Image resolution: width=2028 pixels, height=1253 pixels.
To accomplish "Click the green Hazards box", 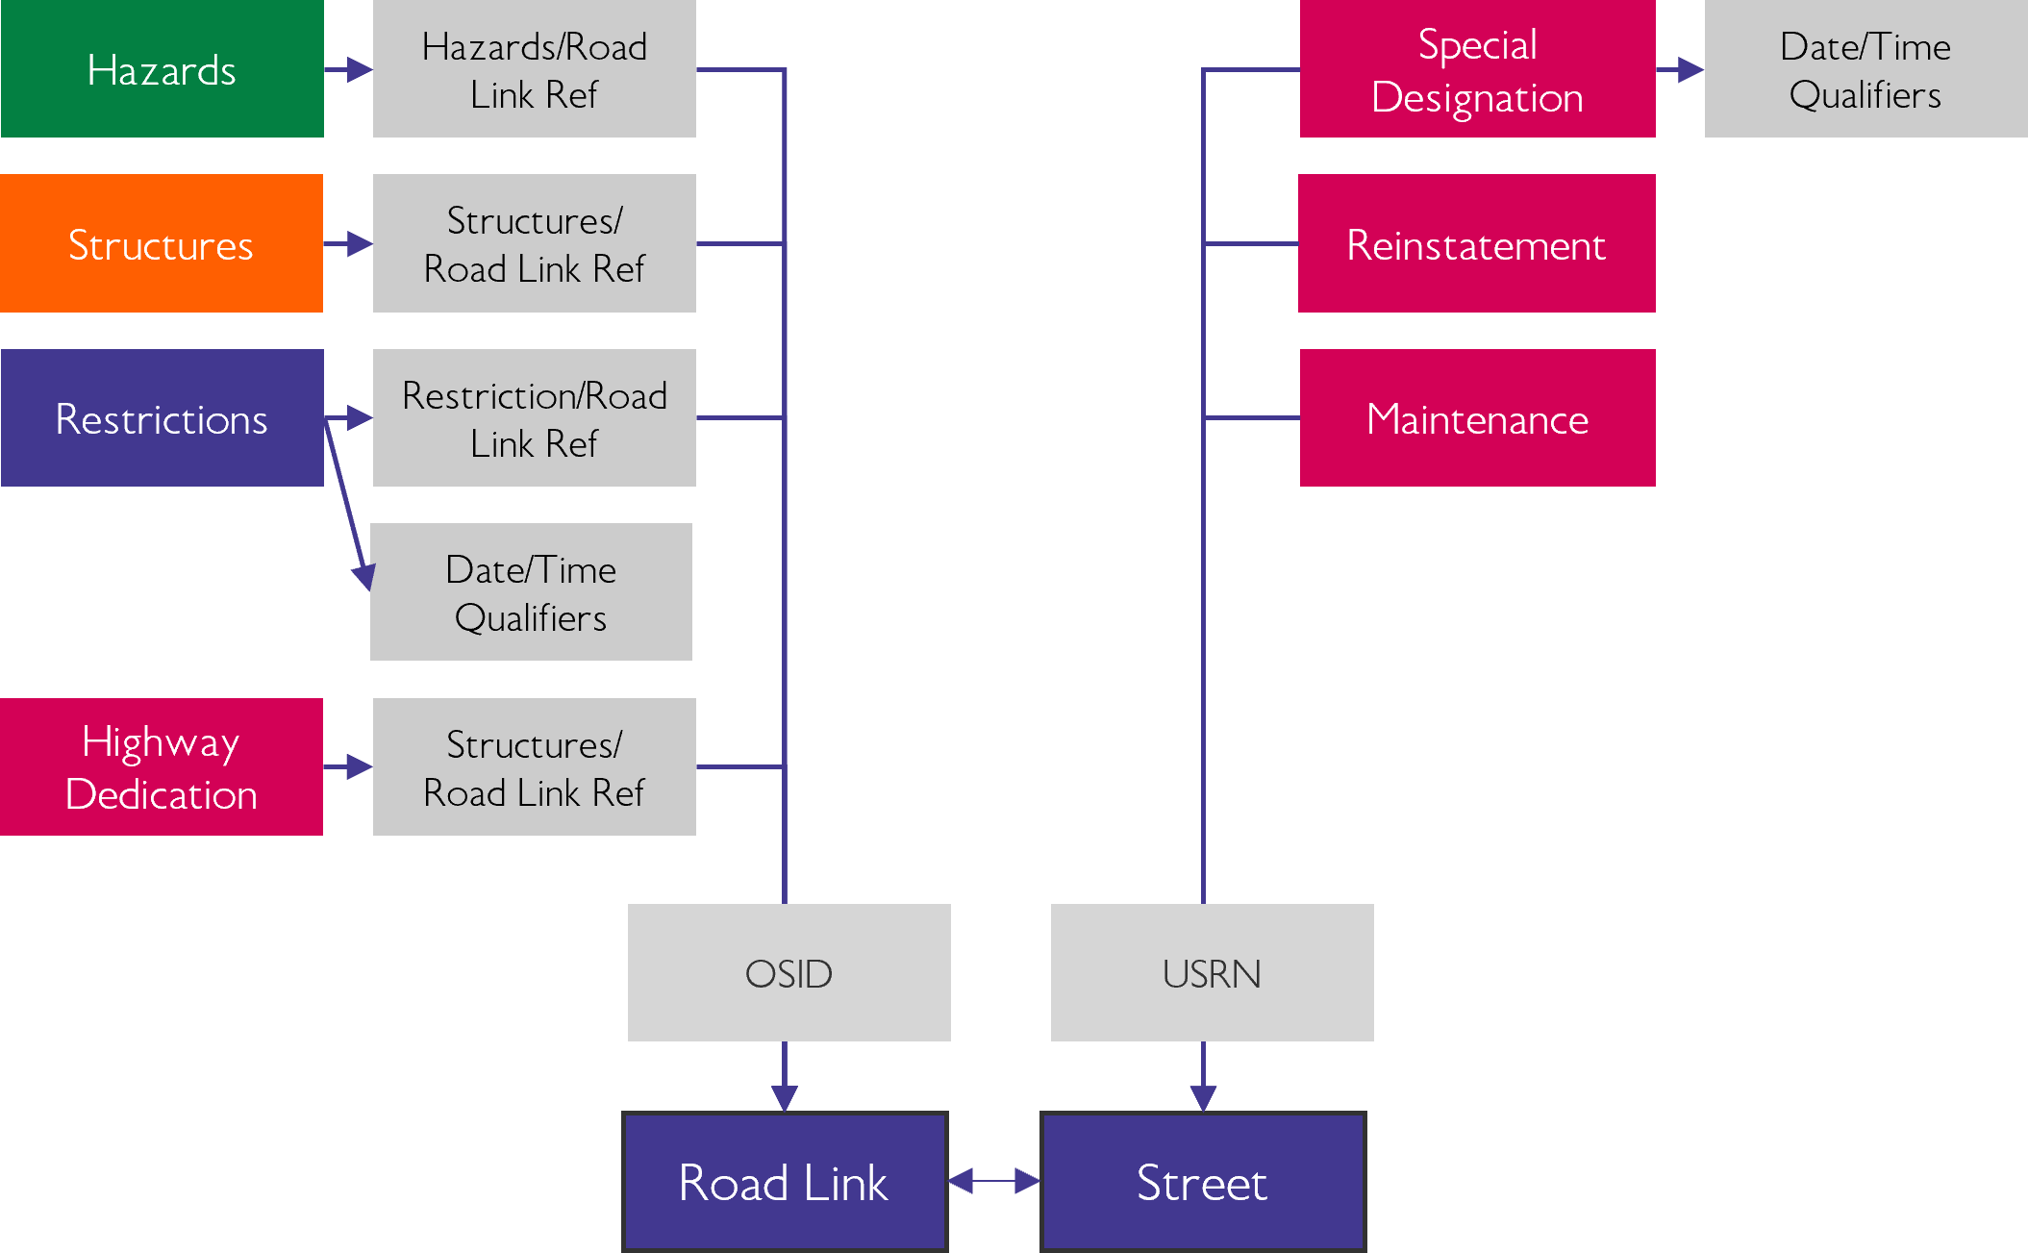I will (x=162, y=69).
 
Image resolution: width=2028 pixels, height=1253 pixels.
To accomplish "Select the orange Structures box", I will (x=162, y=243).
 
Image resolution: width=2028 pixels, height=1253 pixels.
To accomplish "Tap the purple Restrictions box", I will (x=162, y=417).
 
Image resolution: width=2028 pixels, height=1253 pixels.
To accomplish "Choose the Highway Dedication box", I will (x=162, y=766).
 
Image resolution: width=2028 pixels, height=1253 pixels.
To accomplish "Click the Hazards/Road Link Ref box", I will (x=534, y=69).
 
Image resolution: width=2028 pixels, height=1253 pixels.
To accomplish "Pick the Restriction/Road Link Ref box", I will (x=534, y=417).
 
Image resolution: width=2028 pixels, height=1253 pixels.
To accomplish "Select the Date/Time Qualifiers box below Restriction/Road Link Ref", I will (x=531, y=591).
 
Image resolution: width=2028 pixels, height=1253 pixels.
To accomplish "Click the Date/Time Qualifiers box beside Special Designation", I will (x=1865, y=69).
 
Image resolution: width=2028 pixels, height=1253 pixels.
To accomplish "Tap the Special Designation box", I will (x=1477, y=69).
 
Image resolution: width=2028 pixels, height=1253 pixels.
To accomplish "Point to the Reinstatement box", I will (x=1477, y=243).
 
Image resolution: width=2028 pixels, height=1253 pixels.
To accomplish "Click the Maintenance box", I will (x=1477, y=417).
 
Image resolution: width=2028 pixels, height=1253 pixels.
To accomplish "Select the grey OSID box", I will (x=789, y=972).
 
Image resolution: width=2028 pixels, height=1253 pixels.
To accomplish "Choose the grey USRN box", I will (x=1212, y=972).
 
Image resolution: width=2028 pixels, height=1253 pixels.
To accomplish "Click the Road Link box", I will (x=785, y=1182).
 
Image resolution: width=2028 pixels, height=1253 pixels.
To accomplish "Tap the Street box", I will (x=1202, y=1182).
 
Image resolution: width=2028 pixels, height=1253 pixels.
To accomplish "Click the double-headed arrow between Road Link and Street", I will (x=994, y=1181).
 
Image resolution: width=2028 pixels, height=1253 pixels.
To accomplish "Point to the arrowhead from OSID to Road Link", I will (x=785, y=1097).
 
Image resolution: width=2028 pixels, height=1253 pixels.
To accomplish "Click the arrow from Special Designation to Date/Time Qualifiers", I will (x=1681, y=69).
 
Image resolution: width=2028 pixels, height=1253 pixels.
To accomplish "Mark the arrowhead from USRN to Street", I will (x=1203, y=1097).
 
